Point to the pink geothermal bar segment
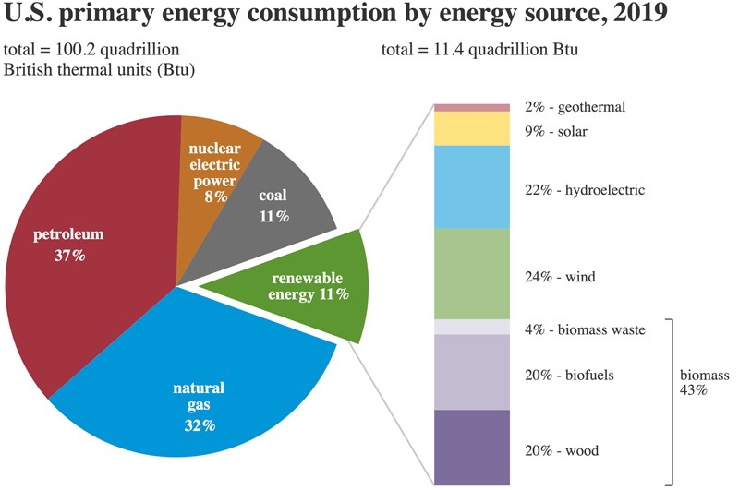point(471,108)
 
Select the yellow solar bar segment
point(471,128)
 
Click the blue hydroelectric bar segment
point(471,186)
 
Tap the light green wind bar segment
point(471,274)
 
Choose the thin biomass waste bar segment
point(471,328)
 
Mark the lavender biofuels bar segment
point(471,372)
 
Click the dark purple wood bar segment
point(471,448)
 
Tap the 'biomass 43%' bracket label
point(705,383)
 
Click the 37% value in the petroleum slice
point(69,255)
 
